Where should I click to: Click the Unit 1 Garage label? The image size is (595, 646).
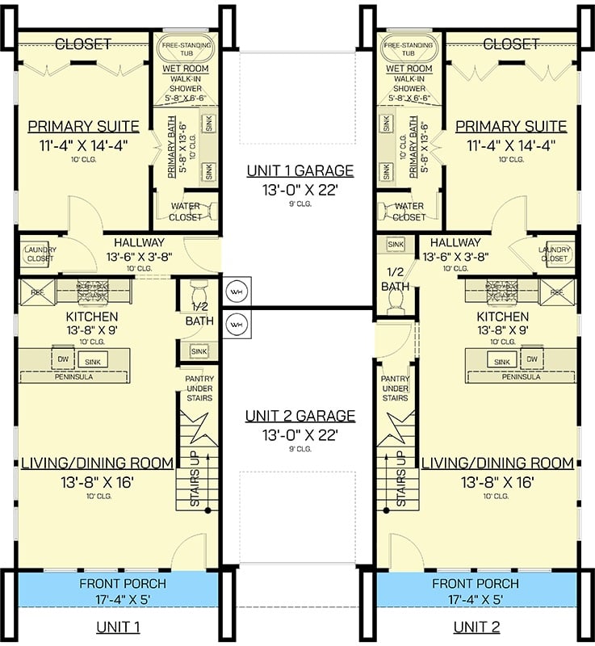point(300,170)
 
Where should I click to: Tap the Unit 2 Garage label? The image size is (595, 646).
point(300,416)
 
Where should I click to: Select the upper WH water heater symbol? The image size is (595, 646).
point(237,291)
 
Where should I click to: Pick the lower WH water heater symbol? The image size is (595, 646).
point(237,324)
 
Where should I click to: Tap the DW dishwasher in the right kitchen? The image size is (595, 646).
point(531,360)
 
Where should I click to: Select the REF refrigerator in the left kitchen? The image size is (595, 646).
point(36,291)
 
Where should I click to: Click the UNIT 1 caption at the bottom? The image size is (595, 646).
point(119,627)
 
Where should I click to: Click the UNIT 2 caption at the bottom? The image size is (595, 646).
point(476,627)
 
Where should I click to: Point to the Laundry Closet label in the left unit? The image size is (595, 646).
point(36,254)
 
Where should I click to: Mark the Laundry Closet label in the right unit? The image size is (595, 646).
point(559,254)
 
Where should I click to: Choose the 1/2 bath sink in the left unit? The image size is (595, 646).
point(199,351)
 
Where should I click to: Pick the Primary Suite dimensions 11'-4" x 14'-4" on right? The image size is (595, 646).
point(511,146)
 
